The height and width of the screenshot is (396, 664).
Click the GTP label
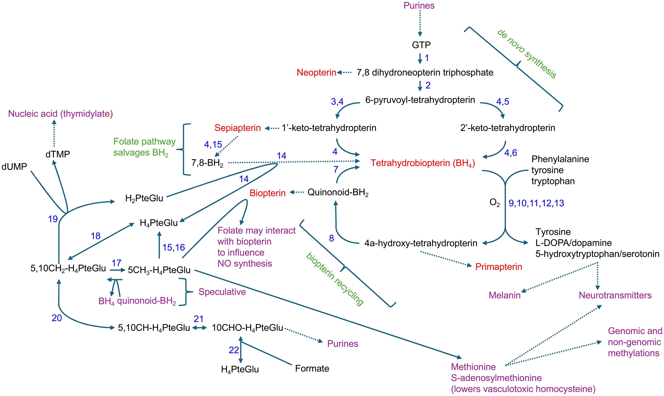click(421, 45)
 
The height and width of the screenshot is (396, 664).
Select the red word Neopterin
click(316, 72)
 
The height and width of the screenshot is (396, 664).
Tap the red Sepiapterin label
click(237, 128)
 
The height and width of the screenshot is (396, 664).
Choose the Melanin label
click(504, 295)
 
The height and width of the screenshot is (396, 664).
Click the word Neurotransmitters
click(615, 295)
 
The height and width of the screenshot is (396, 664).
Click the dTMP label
click(58, 154)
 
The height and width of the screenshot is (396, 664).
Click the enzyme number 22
click(234, 350)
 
